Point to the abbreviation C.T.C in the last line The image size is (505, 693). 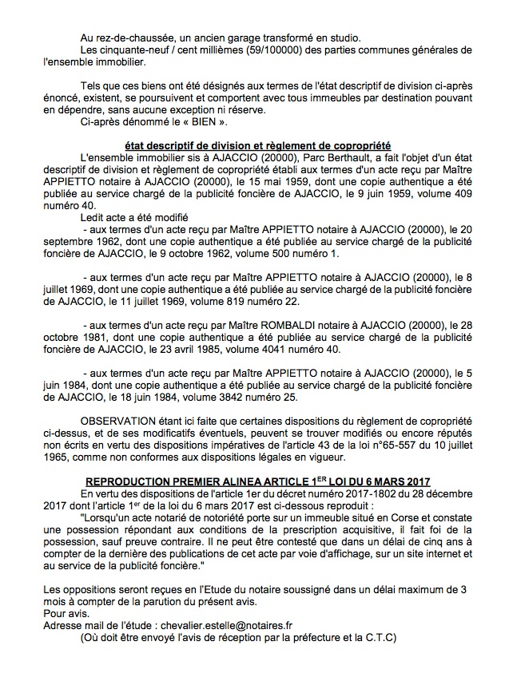click(x=377, y=640)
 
